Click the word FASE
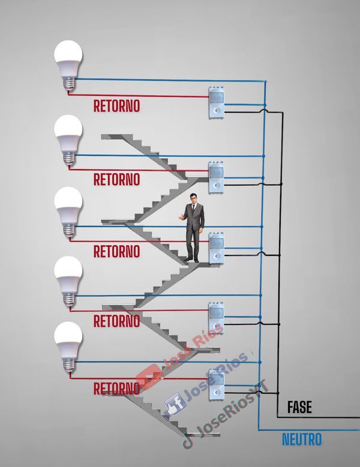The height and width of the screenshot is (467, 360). click(299, 408)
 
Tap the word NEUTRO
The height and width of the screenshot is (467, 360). click(302, 439)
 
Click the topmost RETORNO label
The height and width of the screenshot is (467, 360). click(116, 106)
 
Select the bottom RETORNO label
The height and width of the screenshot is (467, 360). click(116, 388)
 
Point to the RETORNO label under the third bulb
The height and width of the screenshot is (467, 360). click(116, 251)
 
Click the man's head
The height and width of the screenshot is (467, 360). click(192, 199)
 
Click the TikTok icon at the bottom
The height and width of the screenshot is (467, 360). click(188, 442)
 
